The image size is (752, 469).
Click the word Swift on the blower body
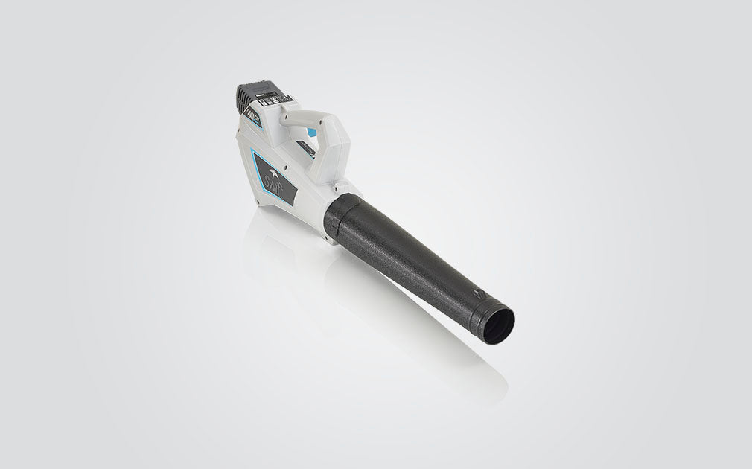click(x=273, y=181)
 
